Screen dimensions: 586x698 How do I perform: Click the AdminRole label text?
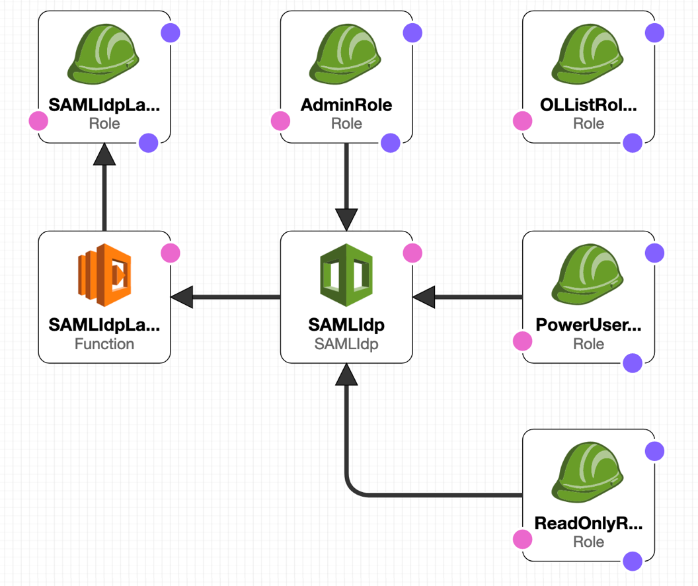click(x=346, y=105)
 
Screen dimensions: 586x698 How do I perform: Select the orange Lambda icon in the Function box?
click(x=104, y=275)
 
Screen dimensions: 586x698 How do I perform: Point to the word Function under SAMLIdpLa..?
click(x=104, y=344)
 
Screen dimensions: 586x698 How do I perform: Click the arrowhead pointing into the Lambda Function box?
click(x=182, y=297)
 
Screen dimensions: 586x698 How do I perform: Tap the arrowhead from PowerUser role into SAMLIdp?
click(x=424, y=297)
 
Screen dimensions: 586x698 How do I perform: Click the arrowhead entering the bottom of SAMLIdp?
click(x=346, y=374)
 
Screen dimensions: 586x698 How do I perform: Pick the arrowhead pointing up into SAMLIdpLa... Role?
click(x=104, y=154)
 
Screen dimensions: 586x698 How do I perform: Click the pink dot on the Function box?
click(x=171, y=253)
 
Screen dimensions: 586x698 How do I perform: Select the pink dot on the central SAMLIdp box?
click(x=412, y=253)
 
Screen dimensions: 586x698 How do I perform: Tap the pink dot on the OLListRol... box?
click(x=523, y=121)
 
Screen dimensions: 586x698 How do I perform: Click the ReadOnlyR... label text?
click(x=588, y=524)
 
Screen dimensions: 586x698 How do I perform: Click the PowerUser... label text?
click(x=588, y=325)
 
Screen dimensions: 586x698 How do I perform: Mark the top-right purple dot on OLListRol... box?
click(x=654, y=32)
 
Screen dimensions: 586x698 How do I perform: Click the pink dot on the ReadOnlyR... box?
click(x=523, y=539)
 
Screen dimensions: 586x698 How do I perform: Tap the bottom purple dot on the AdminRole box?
click(x=391, y=142)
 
